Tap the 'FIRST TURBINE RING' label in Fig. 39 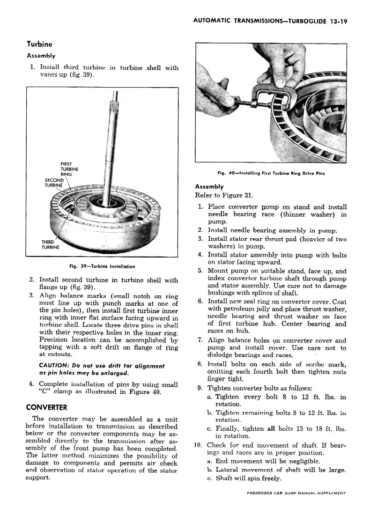(69, 169)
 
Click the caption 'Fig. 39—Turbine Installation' (102, 266)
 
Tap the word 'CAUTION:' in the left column (54, 365)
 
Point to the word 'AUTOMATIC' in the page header (213, 21)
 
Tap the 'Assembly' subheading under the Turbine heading (41, 56)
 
